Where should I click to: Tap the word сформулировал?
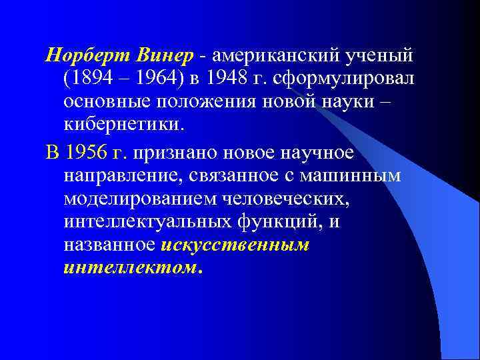click(354, 79)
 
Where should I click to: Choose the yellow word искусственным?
click(235, 245)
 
